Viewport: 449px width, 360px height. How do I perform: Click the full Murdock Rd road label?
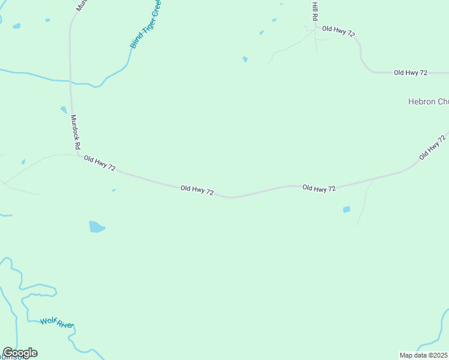pos(76,132)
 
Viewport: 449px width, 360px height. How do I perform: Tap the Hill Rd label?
pos(314,11)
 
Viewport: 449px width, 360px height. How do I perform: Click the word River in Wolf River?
pos(64,325)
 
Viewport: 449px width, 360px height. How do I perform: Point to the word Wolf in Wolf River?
pos(48,321)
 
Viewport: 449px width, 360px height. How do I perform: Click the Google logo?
pos(20,353)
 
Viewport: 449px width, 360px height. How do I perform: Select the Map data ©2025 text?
pos(424,355)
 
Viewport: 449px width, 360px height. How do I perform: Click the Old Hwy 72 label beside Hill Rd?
pos(338,30)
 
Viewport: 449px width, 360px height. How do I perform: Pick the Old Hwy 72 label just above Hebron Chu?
pos(410,73)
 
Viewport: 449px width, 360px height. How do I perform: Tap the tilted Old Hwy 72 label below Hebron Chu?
pos(433,147)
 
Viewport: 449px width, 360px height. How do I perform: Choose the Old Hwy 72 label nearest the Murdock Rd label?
pos(100,163)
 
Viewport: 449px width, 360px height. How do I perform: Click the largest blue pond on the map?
pos(96,227)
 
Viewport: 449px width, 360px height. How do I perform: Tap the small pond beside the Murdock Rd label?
pos(64,110)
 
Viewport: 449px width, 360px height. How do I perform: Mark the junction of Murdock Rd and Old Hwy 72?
pos(79,155)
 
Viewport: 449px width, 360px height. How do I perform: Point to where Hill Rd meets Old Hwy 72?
pos(316,26)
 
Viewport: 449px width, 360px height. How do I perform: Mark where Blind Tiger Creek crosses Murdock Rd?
pos(71,80)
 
